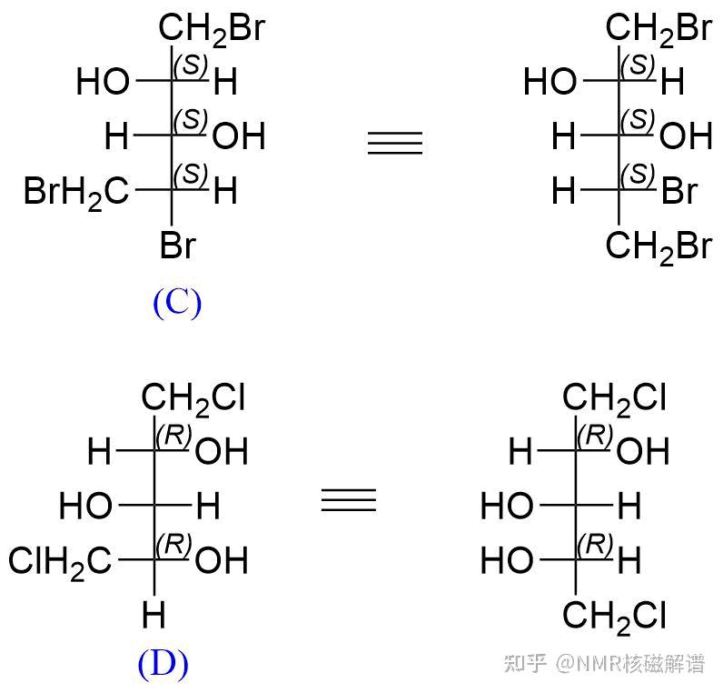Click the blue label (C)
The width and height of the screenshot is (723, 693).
177,303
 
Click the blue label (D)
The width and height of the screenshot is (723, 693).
163,665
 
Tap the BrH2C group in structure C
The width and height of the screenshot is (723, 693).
77,192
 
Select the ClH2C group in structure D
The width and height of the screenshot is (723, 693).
61,561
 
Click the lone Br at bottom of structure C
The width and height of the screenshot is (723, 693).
178,246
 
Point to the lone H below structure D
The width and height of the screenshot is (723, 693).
154,617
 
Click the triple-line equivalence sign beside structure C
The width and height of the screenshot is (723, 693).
395,144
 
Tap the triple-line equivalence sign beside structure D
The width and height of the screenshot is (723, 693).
349,500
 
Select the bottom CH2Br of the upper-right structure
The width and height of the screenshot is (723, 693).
660,246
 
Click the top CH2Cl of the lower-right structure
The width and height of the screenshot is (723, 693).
616,397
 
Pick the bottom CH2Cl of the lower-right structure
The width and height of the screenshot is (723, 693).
616,617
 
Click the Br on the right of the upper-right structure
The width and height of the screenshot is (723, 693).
679,192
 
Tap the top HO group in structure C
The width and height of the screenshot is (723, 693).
104,84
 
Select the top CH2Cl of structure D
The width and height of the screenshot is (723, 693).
193,397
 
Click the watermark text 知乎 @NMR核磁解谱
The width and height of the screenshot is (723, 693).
605,664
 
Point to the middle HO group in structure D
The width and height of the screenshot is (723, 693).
86,506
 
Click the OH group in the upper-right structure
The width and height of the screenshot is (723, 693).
686,138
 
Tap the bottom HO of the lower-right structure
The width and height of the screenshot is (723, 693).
507,561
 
